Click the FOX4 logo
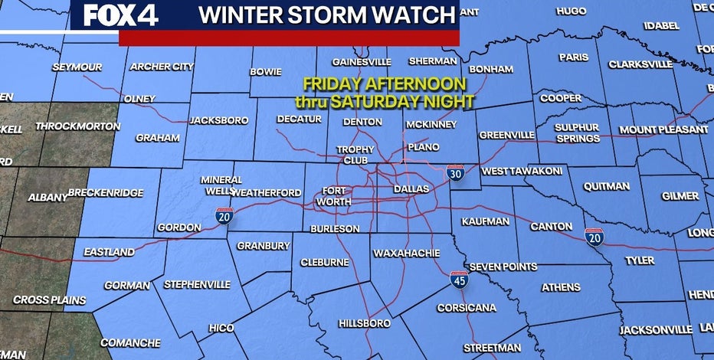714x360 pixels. (120, 15)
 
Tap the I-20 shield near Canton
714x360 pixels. (594, 237)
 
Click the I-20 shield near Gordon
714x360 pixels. (224, 218)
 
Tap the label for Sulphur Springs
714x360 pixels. (578, 133)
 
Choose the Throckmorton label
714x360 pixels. (74, 126)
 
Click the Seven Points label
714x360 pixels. (503, 267)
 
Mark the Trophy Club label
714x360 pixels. (356, 155)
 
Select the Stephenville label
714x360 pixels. (197, 284)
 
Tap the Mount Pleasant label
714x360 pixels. (663, 129)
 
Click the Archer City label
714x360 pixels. (162, 67)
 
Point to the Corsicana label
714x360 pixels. (466, 308)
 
